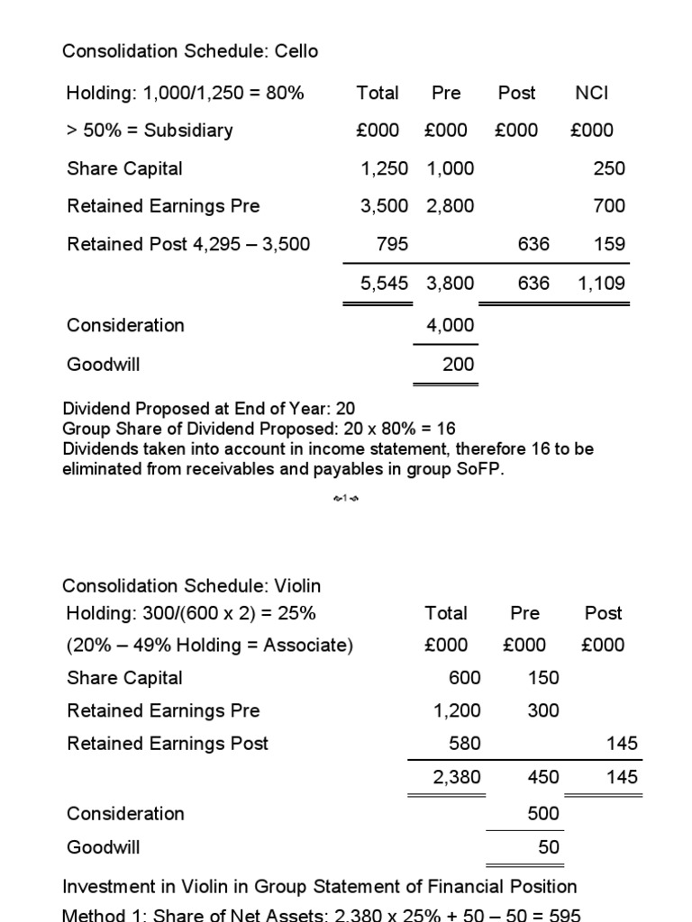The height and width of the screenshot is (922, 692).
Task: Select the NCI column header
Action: (x=592, y=93)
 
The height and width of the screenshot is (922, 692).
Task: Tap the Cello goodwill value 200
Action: (x=458, y=365)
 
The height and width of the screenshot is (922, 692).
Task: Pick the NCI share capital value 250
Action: (x=609, y=168)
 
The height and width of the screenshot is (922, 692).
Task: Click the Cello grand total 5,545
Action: (x=384, y=284)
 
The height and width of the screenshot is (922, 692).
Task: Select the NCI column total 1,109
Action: (x=600, y=284)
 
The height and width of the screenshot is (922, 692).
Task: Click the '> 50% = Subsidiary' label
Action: (x=150, y=131)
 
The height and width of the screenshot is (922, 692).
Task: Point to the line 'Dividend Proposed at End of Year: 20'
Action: (x=209, y=408)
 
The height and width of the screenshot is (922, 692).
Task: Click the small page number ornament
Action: (x=345, y=498)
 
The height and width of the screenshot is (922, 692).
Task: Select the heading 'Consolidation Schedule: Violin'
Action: (x=191, y=586)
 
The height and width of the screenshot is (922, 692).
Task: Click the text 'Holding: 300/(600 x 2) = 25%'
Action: (x=191, y=613)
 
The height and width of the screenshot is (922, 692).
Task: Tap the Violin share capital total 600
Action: (x=465, y=678)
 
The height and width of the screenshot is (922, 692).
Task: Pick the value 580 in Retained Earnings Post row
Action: (x=465, y=744)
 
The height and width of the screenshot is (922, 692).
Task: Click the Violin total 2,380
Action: (x=457, y=777)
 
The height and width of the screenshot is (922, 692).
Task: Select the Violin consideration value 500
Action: (x=543, y=814)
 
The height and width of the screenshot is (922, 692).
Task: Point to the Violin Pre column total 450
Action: (x=543, y=777)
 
